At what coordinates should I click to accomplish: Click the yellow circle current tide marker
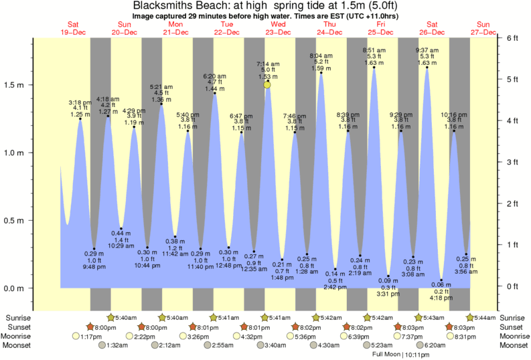pyautogui.click(x=267, y=84)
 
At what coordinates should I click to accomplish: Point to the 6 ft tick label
pyautogui.click(x=514, y=38)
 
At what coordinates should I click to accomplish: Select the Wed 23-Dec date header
pyautogui.click(x=277, y=27)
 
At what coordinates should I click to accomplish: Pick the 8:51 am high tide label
pyautogui.click(x=374, y=50)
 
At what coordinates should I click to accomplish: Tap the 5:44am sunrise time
pyautogui.click(x=485, y=317)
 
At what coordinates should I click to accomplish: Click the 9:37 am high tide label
pyautogui.click(x=427, y=50)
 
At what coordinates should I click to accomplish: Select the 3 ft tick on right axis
pyautogui.click(x=514, y=163)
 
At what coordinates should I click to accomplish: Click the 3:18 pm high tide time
pyautogui.click(x=80, y=102)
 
